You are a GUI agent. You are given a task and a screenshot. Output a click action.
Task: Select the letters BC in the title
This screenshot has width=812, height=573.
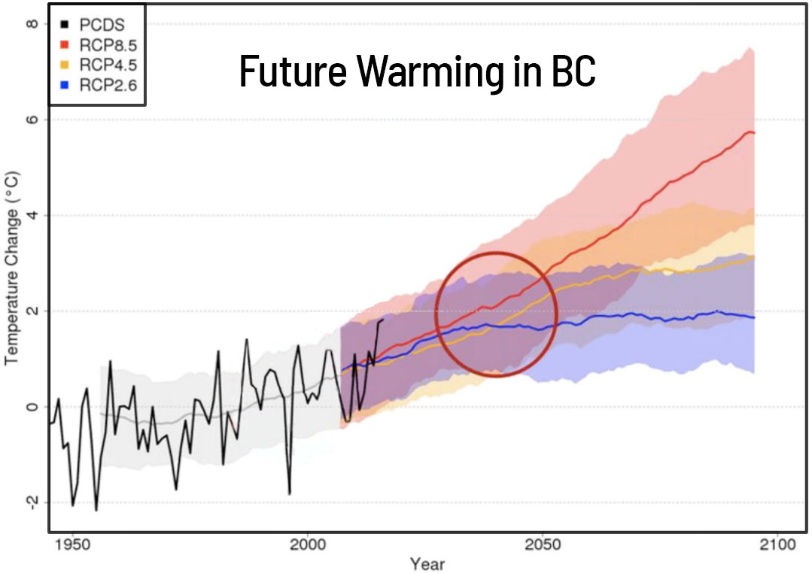coord(573,71)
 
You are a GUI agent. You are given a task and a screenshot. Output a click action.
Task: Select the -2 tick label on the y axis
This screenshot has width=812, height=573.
coord(30,502)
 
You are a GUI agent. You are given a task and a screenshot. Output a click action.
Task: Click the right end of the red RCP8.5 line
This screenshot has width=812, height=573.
coord(753,133)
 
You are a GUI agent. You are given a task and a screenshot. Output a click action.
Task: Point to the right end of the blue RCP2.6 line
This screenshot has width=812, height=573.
coord(753,317)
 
